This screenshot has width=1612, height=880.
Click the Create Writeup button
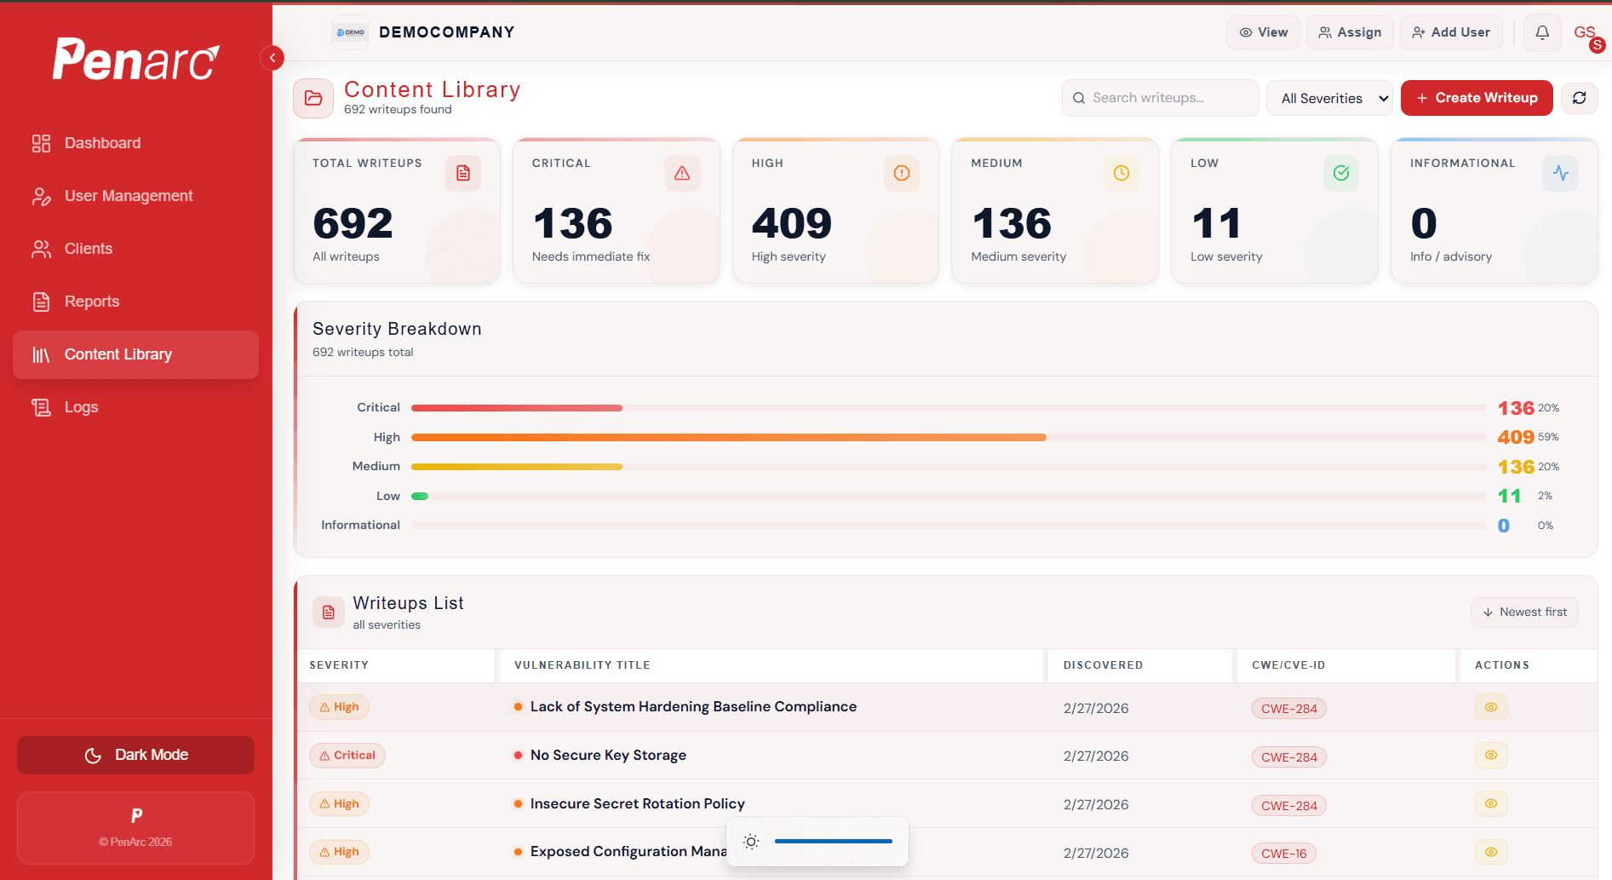click(1477, 98)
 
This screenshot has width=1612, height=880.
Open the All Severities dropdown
click(1329, 98)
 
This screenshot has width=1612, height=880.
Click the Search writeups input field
click(1160, 98)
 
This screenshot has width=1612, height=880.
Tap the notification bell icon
click(1542, 32)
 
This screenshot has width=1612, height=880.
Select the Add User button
click(1451, 32)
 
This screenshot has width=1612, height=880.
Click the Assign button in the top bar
click(1350, 32)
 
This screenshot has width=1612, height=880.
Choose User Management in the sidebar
click(128, 196)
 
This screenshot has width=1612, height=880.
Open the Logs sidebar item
click(81, 407)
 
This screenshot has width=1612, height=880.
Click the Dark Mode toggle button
click(135, 755)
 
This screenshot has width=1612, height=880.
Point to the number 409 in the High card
click(791, 223)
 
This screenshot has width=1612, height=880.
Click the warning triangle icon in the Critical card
click(682, 174)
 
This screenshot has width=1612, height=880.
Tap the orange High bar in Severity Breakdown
click(728, 437)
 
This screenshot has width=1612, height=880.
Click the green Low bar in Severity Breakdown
click(420, 496)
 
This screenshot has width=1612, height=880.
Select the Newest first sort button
click(1524, 612)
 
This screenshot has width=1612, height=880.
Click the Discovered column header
click(1103, 665)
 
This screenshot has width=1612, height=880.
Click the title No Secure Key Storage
click(608, 756)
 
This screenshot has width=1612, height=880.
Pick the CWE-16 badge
click(1283, 854)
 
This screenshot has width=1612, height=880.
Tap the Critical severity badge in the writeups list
click(347, 756)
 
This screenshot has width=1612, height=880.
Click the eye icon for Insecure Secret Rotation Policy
click(1491, 803)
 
